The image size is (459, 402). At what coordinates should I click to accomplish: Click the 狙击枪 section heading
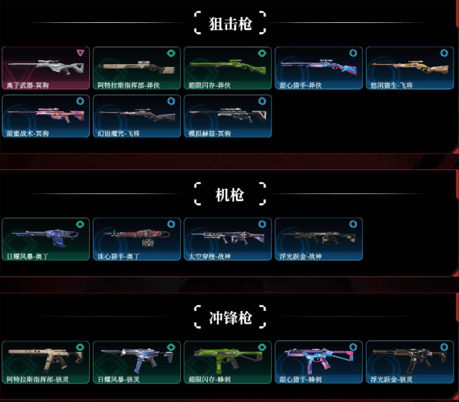tap(230, 24)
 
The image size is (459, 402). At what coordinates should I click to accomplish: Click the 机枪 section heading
tap(230, 195)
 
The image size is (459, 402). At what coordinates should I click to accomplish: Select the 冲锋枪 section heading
tap(230, 318)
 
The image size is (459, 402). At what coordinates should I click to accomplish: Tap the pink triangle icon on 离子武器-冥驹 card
tap(80, 53)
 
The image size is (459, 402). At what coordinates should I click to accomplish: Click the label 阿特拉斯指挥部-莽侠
tap(126, 86)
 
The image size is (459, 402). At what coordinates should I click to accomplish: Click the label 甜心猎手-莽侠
tap(301, 86)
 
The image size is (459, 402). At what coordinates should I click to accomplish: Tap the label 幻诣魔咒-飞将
tap(119, 133)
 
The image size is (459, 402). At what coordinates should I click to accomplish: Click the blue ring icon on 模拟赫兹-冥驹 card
tap(262, 101)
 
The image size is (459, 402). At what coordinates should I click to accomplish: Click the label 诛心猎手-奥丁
tap(119, 257)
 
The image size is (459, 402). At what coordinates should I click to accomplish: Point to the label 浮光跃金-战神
tap(301, 257)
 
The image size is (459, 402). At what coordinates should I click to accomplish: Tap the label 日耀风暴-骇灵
tap(119, 380)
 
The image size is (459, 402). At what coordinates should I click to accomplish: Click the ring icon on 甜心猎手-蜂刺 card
tap(353, 348)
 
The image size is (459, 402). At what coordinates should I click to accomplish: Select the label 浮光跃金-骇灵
tap(392, 380)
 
